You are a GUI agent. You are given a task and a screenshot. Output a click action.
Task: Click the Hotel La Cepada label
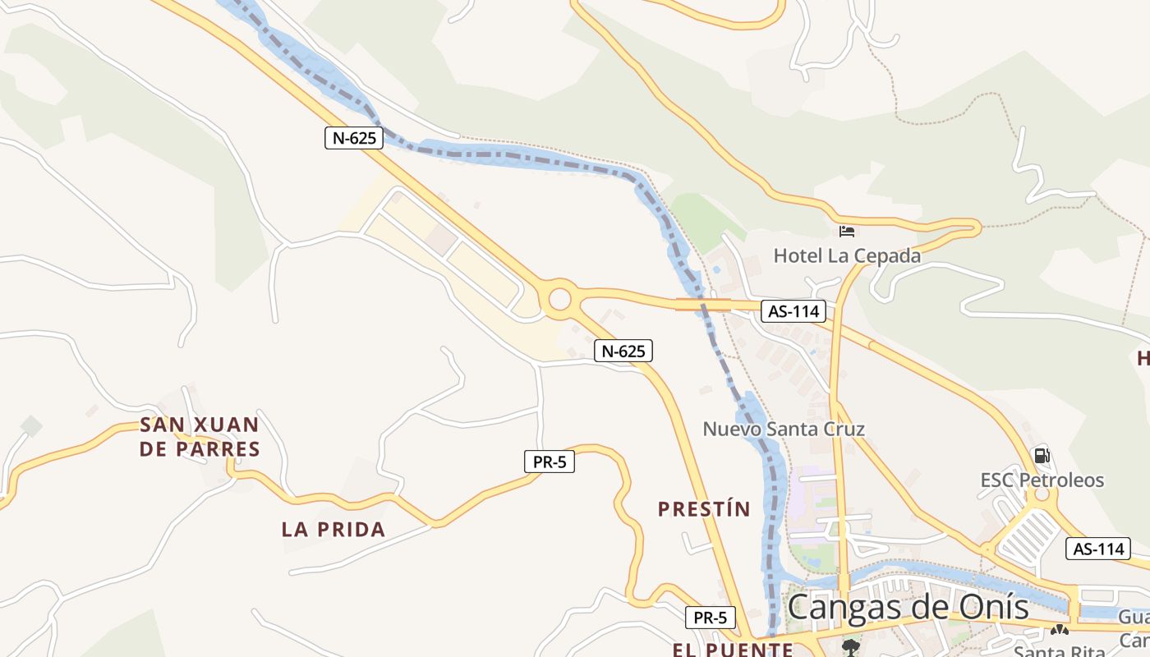pos(847,255)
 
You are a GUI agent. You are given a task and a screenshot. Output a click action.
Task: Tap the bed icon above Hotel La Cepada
pos(847,232)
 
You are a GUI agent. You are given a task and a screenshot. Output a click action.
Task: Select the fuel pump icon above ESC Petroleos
pos(1042,455)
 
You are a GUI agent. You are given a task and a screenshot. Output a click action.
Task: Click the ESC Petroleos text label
pos(1042,480)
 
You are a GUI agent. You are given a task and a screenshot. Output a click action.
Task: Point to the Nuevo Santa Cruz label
pos(784,429)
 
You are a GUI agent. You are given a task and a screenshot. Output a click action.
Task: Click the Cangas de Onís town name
pos(908,608)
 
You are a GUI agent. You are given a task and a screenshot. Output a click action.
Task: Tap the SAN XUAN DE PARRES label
pos(200,437)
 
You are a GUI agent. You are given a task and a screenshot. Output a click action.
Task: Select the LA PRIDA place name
pos(333,529)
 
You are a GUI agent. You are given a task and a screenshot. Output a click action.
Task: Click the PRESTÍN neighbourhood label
pos(704,509)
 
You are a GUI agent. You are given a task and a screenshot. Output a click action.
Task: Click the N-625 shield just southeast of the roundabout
pos(623,351)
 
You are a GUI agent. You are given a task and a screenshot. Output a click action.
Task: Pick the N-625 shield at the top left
pos(354,138)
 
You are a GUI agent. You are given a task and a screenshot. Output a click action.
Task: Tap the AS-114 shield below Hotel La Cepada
pos(793,311)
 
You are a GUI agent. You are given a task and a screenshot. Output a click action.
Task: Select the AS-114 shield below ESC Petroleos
pos(1097,549)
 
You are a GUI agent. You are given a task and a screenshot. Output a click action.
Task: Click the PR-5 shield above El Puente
pos(711,617)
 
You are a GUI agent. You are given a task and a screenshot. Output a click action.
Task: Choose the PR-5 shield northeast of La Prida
pos(550,462)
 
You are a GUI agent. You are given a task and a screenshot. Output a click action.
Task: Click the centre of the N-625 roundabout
pos(559,298)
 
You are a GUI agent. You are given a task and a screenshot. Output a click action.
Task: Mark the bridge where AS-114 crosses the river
pos(702,305)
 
